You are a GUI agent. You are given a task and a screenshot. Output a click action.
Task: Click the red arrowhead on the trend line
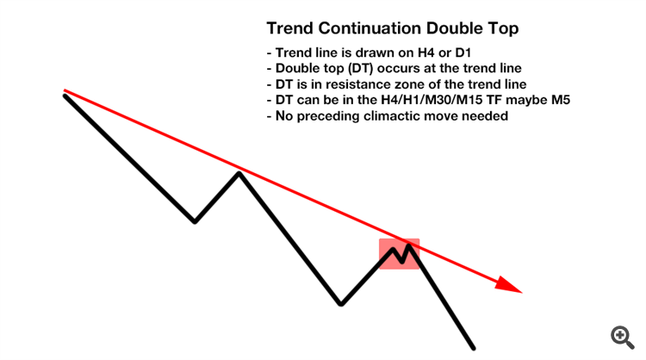[x=509, y=284]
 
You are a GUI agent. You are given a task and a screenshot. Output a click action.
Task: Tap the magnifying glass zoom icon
[x=622, y=338]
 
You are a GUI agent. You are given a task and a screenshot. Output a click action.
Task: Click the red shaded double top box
[x=399, y=254]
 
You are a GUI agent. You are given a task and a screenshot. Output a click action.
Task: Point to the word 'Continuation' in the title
[x=370, y=28]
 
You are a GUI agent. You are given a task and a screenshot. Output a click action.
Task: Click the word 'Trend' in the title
[x=290, y=28]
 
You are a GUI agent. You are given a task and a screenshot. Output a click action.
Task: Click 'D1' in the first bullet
[x=463, y=53]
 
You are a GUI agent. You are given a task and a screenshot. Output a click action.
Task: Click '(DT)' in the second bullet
[x=359, y=68]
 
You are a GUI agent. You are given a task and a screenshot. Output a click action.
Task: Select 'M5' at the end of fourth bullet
[x=561, y=100]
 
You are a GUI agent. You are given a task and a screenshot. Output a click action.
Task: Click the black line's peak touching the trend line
[x=239, y=173]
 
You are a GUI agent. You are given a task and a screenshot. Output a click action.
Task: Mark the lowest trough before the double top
[x=341, y=304]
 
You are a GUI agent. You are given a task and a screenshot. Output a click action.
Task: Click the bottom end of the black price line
[x=474, y=349]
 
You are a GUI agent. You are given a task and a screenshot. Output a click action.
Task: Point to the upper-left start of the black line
[x=65, y=96]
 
